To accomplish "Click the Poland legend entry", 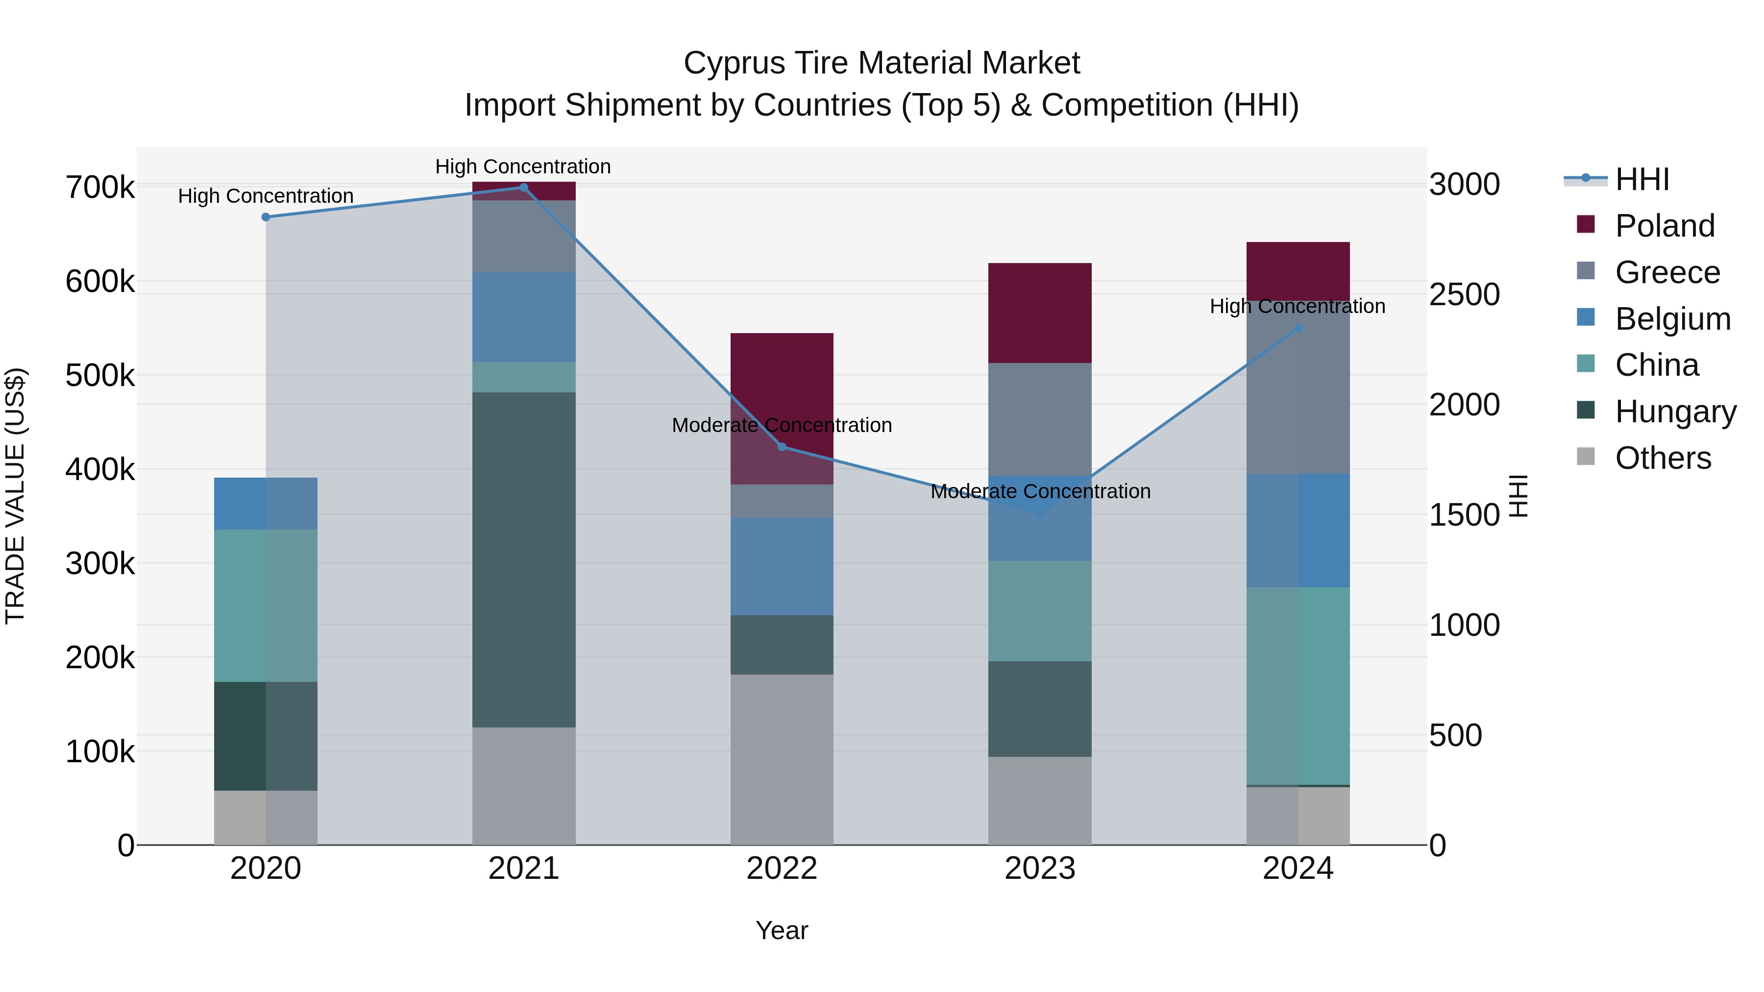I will click(1664, 226).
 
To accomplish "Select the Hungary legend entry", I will click(1675, 411).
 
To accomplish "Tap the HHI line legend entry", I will click(1641, 179).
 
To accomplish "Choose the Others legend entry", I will click(1663, 458).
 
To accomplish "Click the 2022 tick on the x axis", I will click(782, 869).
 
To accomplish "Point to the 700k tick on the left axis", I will click(100, 187).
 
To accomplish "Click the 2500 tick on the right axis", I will click(1464, 294).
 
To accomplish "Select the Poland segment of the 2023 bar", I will click(1039, 313).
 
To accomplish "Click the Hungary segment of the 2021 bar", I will click(524, 559).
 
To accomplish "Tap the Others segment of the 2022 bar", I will click(782, 759).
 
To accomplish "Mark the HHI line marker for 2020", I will click(266, 217).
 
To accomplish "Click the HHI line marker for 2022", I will click(782, 447).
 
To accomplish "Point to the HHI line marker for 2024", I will click(1298, 329).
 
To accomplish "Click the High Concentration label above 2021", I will click(523, 167).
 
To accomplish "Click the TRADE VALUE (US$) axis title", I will click(15, 496).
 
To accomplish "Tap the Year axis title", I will click(782, 930).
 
